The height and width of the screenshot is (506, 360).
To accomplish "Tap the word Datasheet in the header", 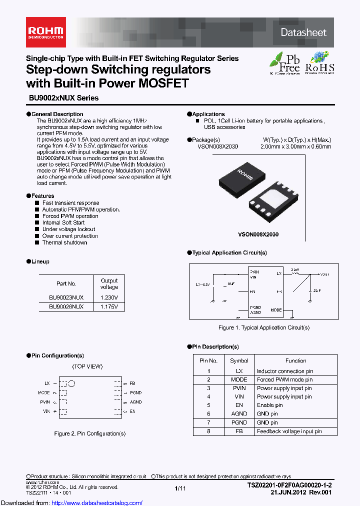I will tap(303, 32).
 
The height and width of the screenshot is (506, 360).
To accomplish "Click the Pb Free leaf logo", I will tap(285, 63).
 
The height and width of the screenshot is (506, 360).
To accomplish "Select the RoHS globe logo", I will tap(319, 63).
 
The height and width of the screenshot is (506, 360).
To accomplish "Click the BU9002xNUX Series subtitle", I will tap(62, 98).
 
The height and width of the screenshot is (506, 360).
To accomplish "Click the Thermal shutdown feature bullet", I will tap(64, 242).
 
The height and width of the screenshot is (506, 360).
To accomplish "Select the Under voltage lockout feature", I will tap(68, 229).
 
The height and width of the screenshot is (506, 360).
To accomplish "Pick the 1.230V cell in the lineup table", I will tap(109, 297).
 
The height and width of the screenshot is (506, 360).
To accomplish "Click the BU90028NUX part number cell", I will tap(66, 306).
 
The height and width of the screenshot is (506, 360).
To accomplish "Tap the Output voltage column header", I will tap(109, 284).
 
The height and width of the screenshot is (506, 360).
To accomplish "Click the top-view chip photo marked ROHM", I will tap(242, 175).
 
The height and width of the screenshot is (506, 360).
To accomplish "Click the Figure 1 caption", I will tap(264, 327).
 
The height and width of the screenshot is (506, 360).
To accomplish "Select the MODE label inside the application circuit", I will tap(276, 310).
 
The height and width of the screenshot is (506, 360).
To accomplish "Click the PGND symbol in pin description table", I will tap(239, 422).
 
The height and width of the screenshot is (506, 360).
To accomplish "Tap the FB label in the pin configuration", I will tap(132, 383).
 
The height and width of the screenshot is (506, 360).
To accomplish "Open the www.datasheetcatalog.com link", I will tap(71, 502).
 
